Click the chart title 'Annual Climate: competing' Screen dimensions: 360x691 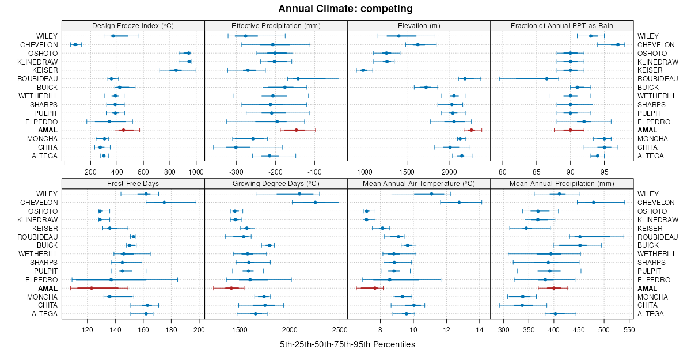(x=345, y=9)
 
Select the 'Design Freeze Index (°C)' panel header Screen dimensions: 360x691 (x=133, y=25)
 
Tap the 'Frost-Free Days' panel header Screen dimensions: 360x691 (x=133, y=183)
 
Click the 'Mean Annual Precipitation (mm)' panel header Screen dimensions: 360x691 (x=561, y=183)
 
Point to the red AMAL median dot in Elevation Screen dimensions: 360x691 (x=471, y=130)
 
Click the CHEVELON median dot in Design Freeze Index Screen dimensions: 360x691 (x=75, y=44)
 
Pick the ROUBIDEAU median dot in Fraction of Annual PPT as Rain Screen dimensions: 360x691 (x=546, y=78)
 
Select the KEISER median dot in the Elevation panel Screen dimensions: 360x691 (x=363, y=70)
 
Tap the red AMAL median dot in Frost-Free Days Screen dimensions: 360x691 (x=92, y=288)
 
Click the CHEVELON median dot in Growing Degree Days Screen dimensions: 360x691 (x=315, y=203)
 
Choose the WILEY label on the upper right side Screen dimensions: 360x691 (x=648, y=36)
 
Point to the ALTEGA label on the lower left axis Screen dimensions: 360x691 (x=45, y=313)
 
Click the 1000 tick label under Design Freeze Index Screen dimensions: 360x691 (x=196, y=172)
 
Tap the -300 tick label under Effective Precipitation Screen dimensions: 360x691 (x=236, y=172)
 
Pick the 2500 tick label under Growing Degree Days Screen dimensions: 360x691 (x=340, y=330)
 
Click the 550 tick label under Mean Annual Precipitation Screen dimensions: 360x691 (x=629, y=330)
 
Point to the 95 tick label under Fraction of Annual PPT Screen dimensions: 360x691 (x=604, y=172)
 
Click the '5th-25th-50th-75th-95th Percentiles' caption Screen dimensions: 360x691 (x=347, y=344)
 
